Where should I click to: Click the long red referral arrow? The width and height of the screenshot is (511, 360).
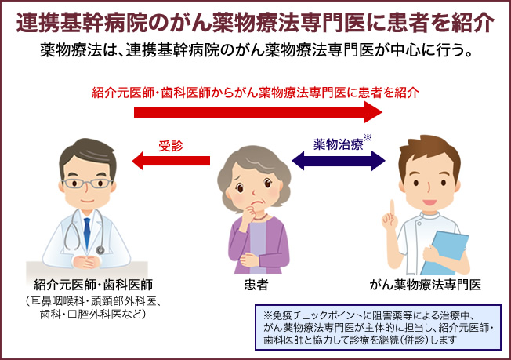coord(258,112)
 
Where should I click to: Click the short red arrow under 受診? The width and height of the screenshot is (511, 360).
coord(171,161)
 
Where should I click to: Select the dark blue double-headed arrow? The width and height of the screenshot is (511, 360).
coord(339,161)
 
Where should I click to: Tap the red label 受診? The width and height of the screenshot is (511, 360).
coord(171,146)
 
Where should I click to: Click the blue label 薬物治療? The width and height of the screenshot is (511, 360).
coord(339,144)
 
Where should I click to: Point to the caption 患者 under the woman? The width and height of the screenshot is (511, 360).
coord(255,285)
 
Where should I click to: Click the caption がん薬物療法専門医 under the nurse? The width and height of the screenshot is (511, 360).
coord(426,285)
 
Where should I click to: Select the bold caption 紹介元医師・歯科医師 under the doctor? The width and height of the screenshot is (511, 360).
coord(93,285)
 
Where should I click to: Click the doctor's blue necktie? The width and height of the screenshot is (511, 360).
coord(87,232)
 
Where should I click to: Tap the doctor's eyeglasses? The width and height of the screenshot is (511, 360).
coord(87,184)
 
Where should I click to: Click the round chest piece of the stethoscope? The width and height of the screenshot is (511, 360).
coord(100,249)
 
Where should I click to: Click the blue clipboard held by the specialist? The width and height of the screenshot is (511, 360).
coord(444,253)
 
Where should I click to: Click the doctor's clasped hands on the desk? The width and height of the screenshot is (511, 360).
coord(86,262)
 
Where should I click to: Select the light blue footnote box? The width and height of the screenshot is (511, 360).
coord(378,327)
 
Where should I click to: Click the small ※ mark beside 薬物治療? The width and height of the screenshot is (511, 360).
coord(368,137)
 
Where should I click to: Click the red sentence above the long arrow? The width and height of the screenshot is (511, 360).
coord(255,93)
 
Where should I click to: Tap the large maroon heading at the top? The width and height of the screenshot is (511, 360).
coord(255,23)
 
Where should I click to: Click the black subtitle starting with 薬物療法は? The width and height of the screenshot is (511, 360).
coord(256,50)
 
